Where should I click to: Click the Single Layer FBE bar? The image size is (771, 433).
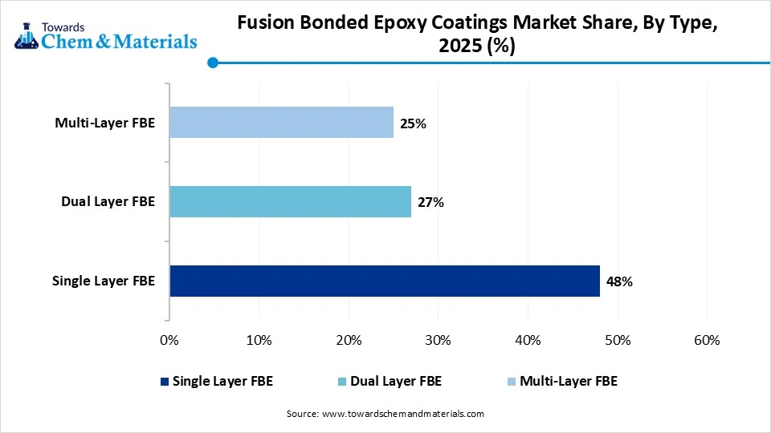pos(385,281)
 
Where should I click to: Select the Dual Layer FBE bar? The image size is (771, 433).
pos(290,202)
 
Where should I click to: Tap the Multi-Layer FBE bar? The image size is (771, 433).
pos(281,123)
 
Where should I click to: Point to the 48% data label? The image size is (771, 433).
pos(619,281)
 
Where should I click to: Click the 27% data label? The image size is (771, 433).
pos(430,202)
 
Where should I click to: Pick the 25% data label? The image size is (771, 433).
pos(413,123)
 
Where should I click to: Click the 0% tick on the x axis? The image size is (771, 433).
pos(169,340)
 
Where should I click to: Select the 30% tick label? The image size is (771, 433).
pos(438,340)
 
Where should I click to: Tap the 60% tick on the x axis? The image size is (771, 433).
pos(706,340)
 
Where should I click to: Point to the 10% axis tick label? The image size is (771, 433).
pos(259,340)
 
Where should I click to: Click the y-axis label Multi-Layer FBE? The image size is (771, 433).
pos(104,123)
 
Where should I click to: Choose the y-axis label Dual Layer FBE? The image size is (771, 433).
pos(108,202)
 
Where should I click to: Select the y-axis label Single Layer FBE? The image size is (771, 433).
pos(103,281)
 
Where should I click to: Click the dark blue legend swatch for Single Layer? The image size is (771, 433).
pos(165,382)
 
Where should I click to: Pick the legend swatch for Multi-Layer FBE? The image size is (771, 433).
pos(512,382)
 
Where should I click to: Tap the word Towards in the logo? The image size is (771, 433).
pos(73,26)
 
